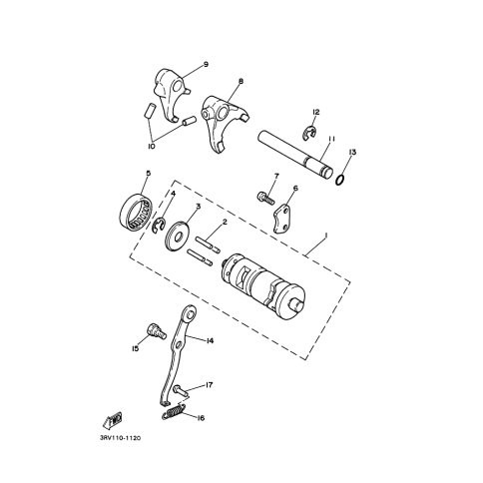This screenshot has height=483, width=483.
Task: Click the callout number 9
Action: tap(206, 64)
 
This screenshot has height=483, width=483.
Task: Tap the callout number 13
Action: tap(352, 153)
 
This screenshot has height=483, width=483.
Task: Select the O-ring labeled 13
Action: tap(340, 180)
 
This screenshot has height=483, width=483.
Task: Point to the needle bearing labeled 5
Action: tap(136, 211)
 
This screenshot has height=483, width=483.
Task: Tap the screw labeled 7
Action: tap(265, 199)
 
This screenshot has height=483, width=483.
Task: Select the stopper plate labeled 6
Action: tap(282, 219)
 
